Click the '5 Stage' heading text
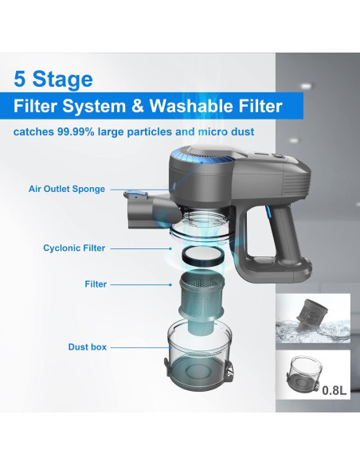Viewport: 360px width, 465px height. [53, 79]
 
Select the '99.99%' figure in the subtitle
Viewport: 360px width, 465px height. [76, 131]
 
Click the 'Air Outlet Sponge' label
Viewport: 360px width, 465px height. [67, 189]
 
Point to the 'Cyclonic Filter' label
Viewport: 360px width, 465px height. [74, 248]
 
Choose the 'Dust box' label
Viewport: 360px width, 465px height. [87, 347]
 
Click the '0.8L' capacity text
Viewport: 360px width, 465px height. [334, 390]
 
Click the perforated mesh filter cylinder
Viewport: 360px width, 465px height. [201, 299]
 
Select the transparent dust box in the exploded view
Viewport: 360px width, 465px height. [198, 353]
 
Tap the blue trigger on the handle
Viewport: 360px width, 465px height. [269, 214]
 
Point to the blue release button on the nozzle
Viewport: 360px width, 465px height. [138, 194]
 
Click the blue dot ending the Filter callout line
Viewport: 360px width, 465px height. [170, 285]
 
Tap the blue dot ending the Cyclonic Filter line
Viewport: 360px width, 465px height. [170, 248]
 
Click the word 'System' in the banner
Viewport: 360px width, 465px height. [94, 107]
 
